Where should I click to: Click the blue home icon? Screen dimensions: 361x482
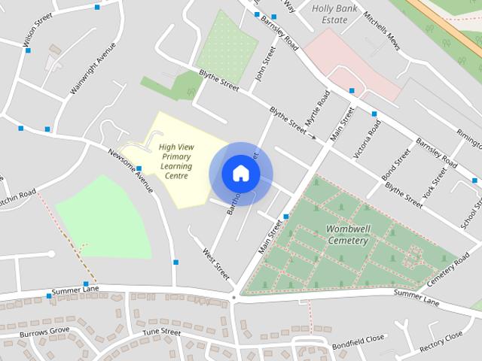240,174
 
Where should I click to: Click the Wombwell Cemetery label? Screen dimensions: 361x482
347,234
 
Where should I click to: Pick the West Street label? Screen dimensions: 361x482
217,267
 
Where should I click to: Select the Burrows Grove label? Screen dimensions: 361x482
44,332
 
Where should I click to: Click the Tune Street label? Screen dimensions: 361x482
162,332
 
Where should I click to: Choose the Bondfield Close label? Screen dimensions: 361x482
358,339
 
